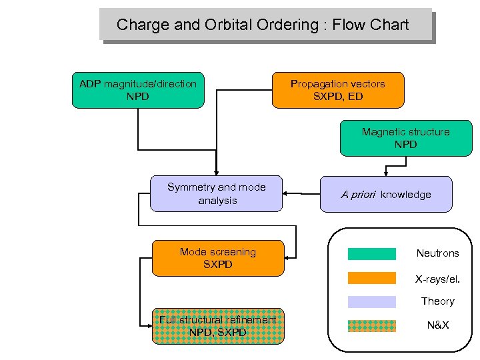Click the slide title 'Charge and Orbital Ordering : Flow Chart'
pos(263,25)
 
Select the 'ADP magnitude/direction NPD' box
pos(138,90)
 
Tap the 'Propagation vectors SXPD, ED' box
pos(338,90)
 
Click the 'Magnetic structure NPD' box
pos(405,138)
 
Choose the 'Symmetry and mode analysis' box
pos(217,194)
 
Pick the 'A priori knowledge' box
pos(386,194)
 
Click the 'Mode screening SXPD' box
pos(217,258)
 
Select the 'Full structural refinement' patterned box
pos(217,326)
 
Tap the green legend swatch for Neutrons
pos(371,253)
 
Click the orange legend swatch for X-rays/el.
pos(371,278)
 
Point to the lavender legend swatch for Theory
pos(371,302)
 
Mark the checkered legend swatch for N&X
pos(371,326)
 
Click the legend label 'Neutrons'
pos(437,253)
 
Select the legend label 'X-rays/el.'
pos(437,278)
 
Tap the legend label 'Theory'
pos(437,301)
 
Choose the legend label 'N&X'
pos(437,326)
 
